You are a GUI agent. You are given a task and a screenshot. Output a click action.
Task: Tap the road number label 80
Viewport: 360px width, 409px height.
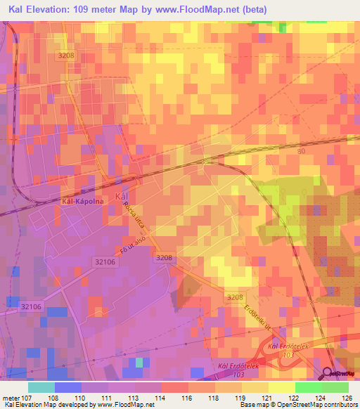coord(302,151)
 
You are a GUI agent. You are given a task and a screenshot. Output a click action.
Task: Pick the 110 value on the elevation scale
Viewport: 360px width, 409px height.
coord(82,397)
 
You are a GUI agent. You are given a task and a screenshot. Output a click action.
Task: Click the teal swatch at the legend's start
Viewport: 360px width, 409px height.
coord(41,387)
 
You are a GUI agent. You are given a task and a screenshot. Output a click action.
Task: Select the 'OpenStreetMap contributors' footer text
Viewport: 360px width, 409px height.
coord(325,405)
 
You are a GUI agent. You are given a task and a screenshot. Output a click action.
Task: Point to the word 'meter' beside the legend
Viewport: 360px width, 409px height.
coord(12,397)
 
